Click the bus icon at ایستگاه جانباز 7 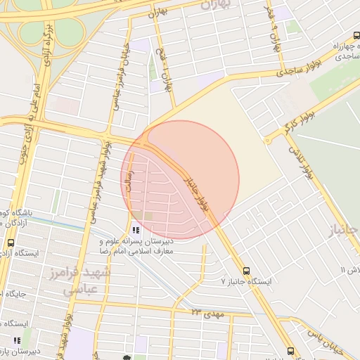coord(246,270)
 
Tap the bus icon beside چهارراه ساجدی coord(356,35)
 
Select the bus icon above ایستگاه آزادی coord(10,242)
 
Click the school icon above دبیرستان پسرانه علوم coord(135,230)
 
